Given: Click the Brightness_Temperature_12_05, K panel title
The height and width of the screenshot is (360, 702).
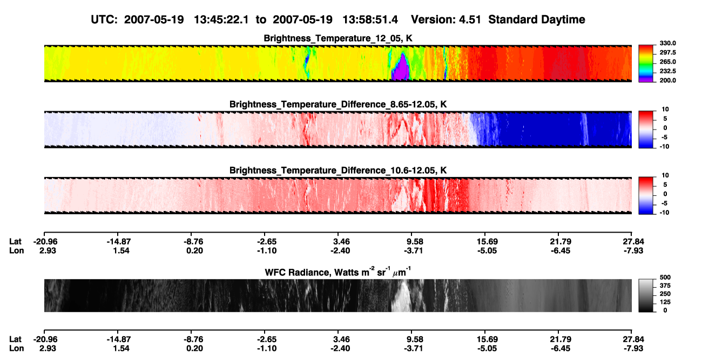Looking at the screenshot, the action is (x=338, y=38).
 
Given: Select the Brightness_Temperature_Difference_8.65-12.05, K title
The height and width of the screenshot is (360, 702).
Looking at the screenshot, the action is (x=338, y=104).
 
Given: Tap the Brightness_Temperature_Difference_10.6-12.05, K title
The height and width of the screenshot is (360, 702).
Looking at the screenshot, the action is (x=338, y=171).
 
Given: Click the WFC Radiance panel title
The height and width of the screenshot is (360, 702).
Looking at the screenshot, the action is (x=338, y=272).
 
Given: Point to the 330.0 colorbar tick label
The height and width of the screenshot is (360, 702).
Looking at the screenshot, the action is (x=667, y=43).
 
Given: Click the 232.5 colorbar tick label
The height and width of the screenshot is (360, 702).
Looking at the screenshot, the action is (x=667, y=71).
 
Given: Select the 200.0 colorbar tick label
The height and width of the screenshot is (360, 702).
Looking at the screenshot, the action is (x=667, y=80).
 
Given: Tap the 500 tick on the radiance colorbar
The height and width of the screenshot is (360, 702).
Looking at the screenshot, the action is (x=665, y=277).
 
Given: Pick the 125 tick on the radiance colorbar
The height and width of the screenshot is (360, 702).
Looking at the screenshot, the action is (x=665, y=302).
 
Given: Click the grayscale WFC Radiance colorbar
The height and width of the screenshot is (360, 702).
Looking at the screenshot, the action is (x=646, y=295).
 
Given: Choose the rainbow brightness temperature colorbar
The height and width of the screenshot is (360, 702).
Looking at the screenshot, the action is (x=646, y=64).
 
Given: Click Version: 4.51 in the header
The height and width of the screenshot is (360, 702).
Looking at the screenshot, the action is (x=446, y=19).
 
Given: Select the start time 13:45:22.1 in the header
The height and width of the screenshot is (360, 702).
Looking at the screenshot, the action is (x=221, y=19).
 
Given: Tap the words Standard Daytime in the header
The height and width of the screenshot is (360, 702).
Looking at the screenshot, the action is (x=537, y=20).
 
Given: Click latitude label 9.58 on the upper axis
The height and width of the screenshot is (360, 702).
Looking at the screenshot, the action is (x=415, y=242).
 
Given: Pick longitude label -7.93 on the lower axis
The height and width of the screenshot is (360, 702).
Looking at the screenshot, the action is (x=633, y=349).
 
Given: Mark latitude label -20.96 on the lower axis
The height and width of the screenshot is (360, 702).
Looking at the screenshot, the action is (x=45, y=339).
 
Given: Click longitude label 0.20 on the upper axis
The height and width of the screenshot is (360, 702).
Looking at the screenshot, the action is (x=194, y=250).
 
